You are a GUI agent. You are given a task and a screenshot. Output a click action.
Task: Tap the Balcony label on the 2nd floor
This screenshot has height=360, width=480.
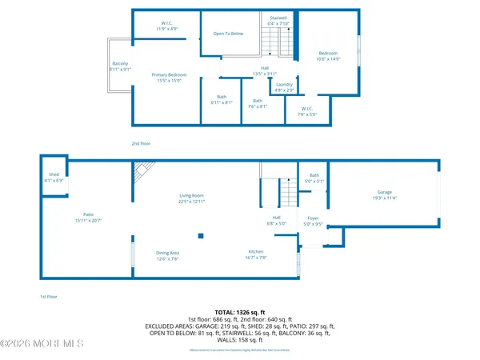[120, 66]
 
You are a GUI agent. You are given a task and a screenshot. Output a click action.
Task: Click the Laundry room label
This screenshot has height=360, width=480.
[284, 86]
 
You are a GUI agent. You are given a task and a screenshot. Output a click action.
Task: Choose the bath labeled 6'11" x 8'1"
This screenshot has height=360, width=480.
[221, 99]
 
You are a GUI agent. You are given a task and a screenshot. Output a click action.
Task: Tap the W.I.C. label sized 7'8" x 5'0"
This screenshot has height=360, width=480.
[309, 111]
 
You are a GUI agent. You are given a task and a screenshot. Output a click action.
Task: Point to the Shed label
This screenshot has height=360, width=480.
[54, 177]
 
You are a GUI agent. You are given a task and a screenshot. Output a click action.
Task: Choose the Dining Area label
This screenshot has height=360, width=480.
[168, 255]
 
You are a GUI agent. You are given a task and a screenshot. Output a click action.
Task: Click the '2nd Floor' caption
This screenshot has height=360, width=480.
[140, 143]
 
